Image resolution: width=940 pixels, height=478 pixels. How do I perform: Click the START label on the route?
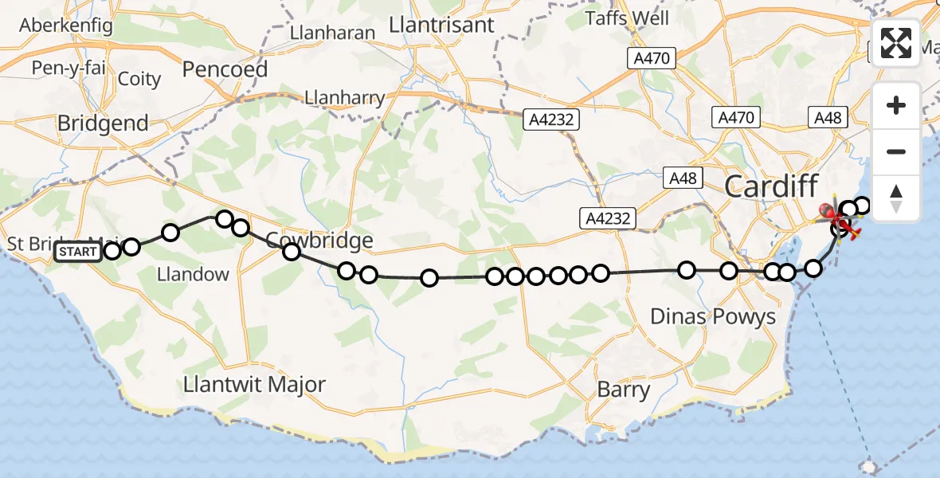click(x=78, y=253)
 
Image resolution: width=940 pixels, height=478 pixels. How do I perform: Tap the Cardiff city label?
click(x=771, y=188)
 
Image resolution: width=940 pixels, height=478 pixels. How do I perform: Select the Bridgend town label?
click(x=103, y=123)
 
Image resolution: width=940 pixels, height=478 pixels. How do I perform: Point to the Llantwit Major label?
click(x=254, y=384)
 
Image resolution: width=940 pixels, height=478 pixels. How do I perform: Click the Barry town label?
click(x=624, y=390)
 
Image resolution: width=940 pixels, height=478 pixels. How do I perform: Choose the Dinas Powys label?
click(x=713, y=316)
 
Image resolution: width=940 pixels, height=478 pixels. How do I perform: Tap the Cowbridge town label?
click(x=319, y=240)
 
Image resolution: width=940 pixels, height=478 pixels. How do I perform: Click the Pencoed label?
click(x=225, y=69)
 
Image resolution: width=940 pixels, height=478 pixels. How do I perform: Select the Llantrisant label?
click(x=442, y=25)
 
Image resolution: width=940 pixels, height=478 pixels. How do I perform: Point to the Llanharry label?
click(x=345, y=99)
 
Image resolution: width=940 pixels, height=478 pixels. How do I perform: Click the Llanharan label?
click(x=332, y=33)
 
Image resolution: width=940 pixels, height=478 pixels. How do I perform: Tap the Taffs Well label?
click(x=627, y=18)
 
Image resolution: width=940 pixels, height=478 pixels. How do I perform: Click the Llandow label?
click(x=193, y=274)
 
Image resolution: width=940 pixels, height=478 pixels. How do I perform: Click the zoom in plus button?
click(x=896, y=105)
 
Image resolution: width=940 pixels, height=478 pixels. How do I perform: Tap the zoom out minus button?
click(x=896, y=151)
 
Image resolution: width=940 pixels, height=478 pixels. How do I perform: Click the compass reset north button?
click(x=896, y=198)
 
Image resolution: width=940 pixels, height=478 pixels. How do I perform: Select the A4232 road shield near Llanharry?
click(x=551, y=119)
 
